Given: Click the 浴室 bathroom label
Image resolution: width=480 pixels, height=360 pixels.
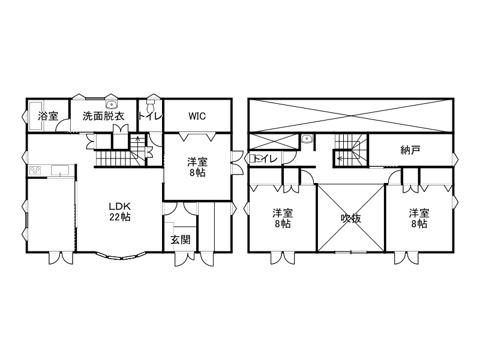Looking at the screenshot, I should (48, 116).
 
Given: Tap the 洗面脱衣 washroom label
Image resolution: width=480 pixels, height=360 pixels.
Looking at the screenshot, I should (103, 116).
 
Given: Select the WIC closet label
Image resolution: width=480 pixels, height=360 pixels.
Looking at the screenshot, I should (197, 116).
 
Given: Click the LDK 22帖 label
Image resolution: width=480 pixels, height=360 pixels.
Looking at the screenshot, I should (120, 211).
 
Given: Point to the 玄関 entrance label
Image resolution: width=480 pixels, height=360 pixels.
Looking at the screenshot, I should (180, 239).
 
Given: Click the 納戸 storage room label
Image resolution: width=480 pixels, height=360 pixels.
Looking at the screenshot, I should (410, 150).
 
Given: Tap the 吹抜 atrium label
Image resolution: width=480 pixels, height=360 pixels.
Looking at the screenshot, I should (351, 218).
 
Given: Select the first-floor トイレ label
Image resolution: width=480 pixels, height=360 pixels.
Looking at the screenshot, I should (150, 116).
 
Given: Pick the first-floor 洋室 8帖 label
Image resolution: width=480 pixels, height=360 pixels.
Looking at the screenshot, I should (197, 167).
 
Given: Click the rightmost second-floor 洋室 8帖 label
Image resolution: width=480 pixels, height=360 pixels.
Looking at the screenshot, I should (419, 218).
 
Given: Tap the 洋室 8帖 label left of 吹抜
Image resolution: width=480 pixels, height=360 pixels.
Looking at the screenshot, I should (282, 218).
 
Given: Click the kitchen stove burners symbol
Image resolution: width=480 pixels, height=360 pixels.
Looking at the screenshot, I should (35, 171).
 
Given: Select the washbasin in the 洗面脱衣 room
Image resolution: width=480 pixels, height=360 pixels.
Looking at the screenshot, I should (111, 103).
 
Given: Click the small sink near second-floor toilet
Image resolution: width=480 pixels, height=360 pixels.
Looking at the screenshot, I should (308, 139).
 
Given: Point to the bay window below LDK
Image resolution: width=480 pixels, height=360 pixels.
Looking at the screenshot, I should (120, 257).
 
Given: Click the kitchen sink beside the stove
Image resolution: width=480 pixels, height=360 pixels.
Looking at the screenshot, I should (61, 171).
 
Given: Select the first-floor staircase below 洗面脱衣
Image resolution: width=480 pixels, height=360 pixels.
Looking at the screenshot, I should (117, 159).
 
